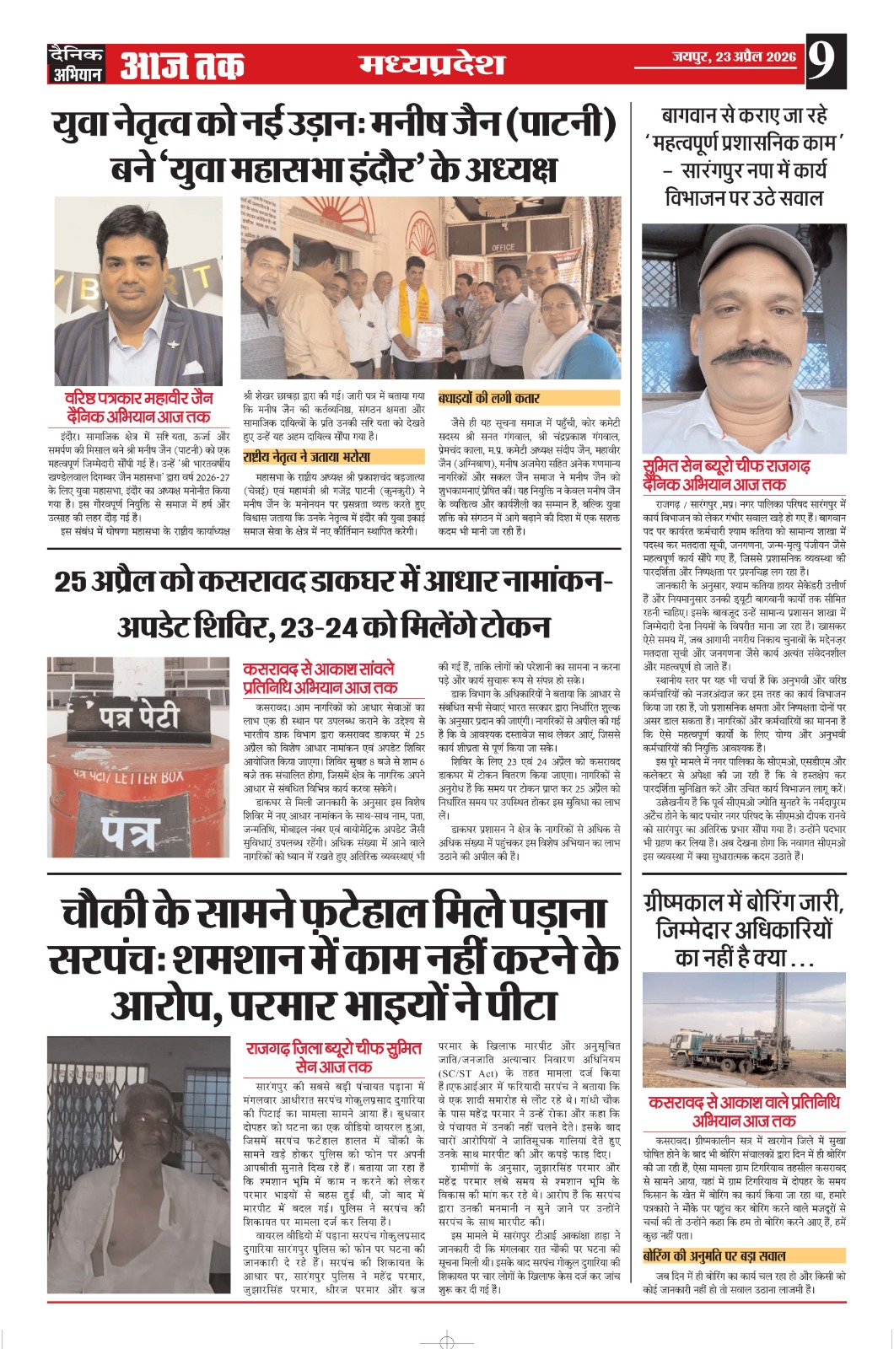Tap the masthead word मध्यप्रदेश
tap(431, 63)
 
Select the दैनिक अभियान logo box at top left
tap(77, 63)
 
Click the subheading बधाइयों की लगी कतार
tap(489, 398)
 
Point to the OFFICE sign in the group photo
tap(504, 247)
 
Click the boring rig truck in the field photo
tap(717, 1046)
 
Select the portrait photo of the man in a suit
tap(138, 291)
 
